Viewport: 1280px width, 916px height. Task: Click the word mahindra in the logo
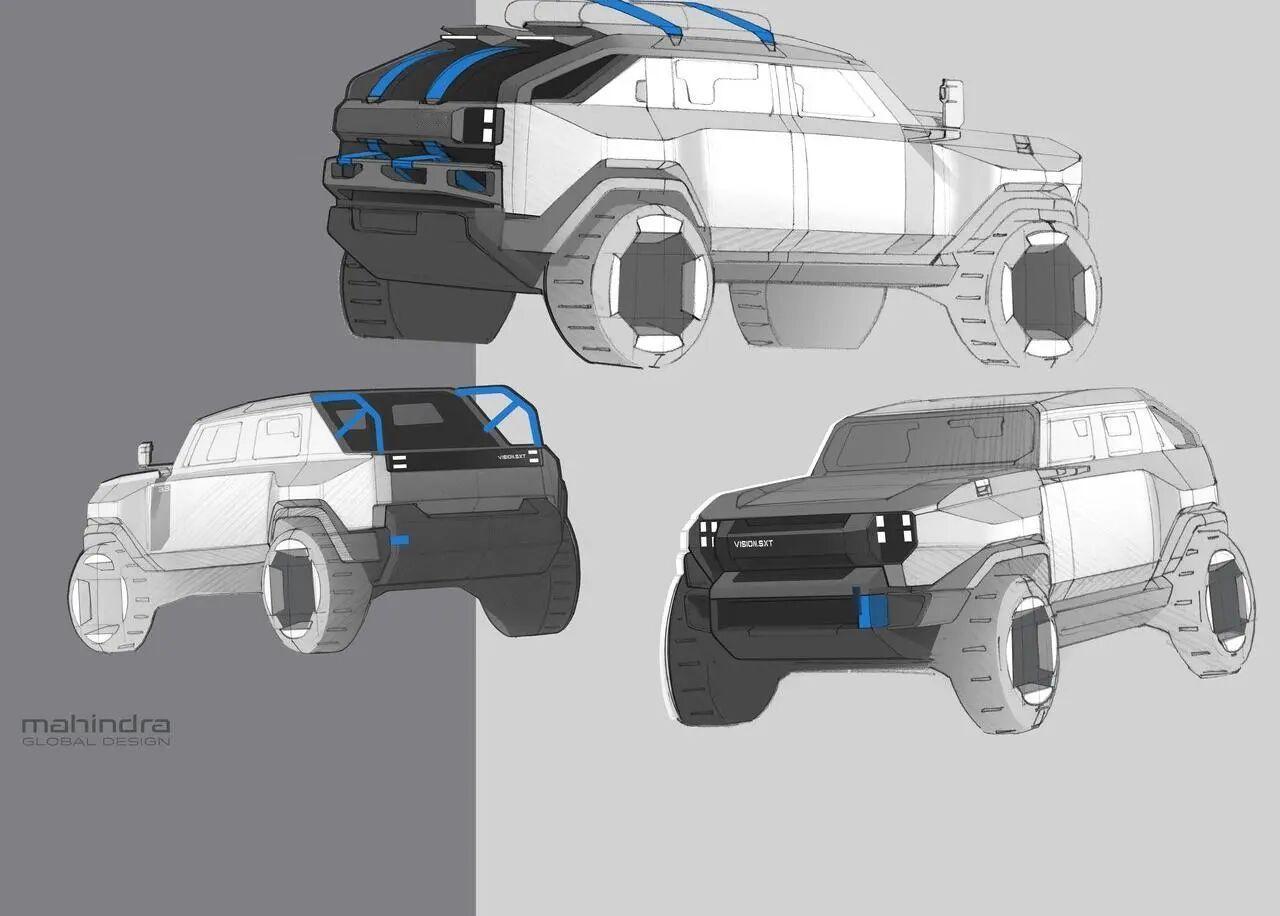coord(95,725)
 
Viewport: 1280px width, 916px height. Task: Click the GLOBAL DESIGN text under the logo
coord(96,742)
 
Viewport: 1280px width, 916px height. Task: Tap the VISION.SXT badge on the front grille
coord(753,543)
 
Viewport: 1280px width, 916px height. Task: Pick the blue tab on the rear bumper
coord(399,540)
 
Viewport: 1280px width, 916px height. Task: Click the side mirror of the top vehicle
coord(951,103)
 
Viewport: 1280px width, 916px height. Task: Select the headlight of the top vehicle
coord(482,125)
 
